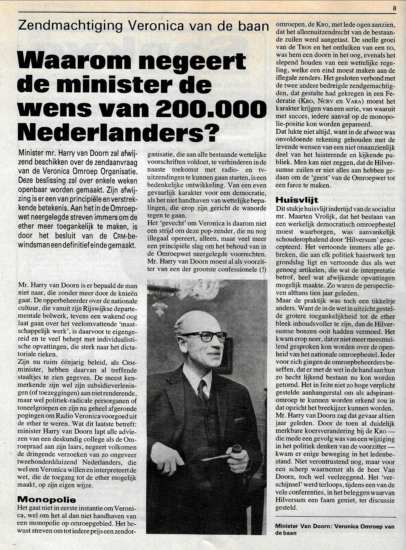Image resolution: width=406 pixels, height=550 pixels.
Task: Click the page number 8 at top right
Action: [x=394, y=8]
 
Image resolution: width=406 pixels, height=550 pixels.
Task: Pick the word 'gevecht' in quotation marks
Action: [x=174, y=222]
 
